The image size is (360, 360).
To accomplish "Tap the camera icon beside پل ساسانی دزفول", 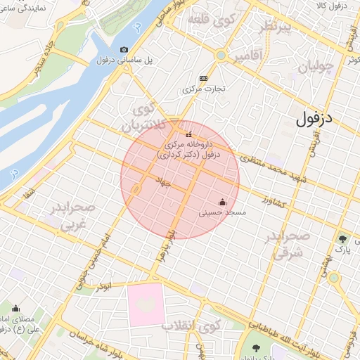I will pos(124,49).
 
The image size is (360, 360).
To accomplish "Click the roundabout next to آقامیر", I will pos(221,55).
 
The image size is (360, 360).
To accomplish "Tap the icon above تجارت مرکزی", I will pos(203,78).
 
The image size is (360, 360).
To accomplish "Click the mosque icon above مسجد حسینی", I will pos(223,202).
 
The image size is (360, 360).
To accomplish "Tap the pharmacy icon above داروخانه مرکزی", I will pos(188,134).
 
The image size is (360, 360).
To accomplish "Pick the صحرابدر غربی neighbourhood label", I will pos(69,217).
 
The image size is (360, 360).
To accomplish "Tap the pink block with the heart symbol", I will pos(146,305).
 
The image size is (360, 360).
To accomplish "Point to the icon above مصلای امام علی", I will pos(15,308).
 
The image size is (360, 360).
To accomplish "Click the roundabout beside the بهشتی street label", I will pos(334,278).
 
